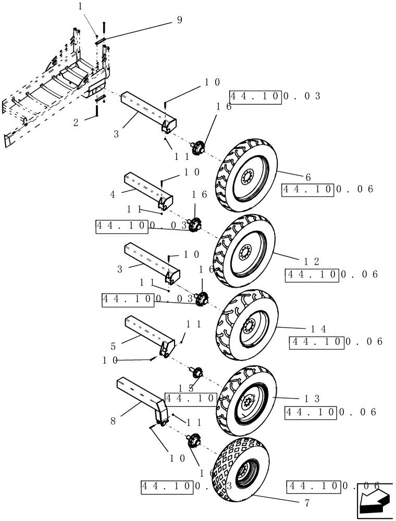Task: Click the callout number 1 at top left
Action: (x=80, y=7)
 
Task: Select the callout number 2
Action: (x=76, y=122)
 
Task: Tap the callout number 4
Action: (x=113, y=194)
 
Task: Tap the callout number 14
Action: (x=318, y=329)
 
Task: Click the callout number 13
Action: (x=313, y=399)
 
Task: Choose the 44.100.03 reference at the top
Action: (x=275, y=97)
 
